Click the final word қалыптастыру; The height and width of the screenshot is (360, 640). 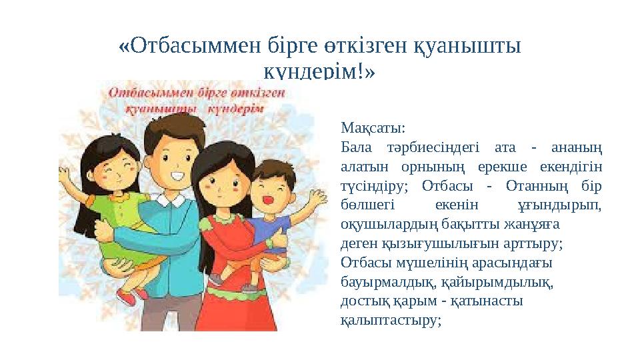click(x=391, y=319)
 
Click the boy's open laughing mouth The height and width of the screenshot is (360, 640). click(x=270, y=198)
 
